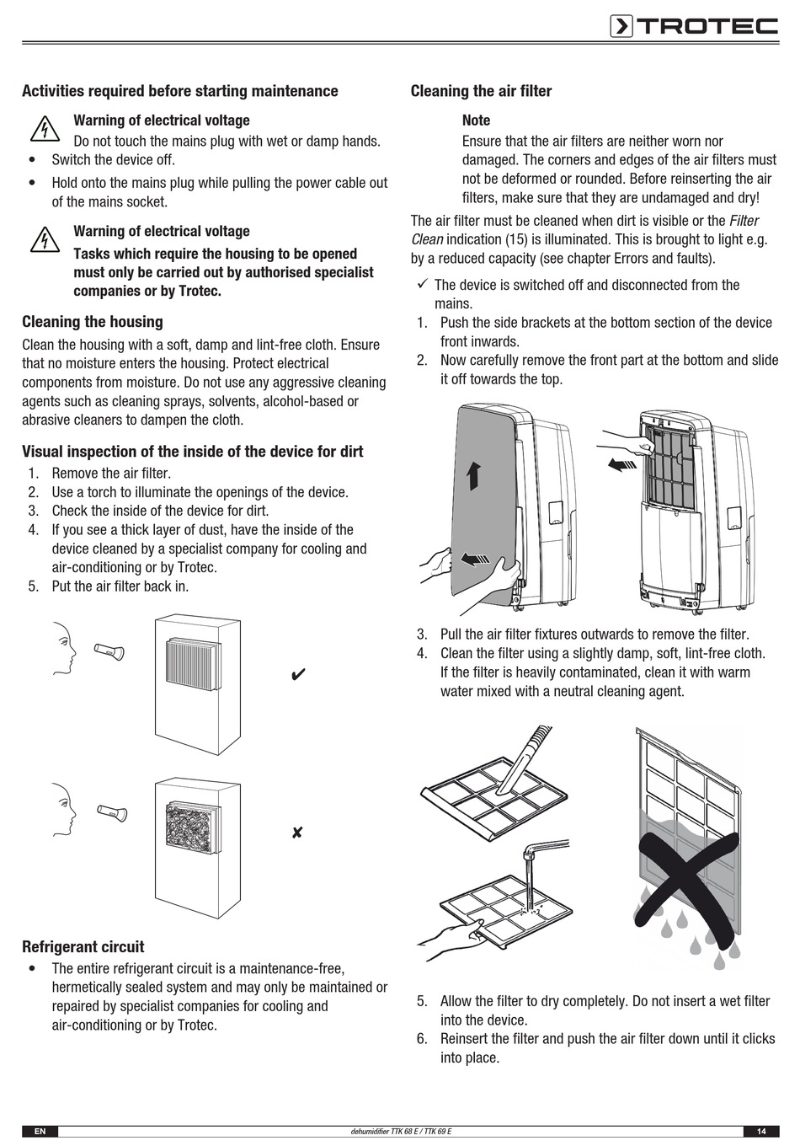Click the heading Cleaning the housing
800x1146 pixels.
point(93,322)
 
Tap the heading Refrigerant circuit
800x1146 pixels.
point(83,947)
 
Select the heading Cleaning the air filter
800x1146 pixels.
point(481,91)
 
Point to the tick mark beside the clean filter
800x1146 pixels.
point(297,675)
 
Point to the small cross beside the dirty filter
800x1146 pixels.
point(297,833)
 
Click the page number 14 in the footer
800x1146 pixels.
point(761,1131)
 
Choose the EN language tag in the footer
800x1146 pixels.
point(40,1131)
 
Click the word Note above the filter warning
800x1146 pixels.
point(476,120)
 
